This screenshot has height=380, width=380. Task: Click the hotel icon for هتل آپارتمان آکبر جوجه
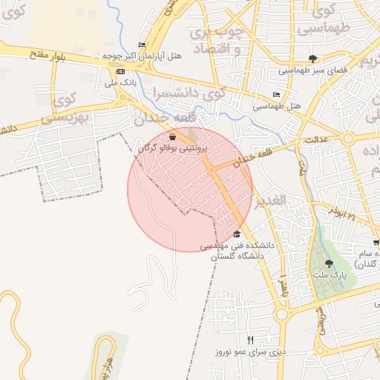pos(142,45)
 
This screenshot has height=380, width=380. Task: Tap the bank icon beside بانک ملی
pos(121,71)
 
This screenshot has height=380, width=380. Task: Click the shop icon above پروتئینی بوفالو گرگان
pos(173,137)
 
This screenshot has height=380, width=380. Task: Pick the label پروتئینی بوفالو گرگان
pos(173,148)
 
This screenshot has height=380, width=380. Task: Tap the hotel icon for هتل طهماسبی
pos(276,95)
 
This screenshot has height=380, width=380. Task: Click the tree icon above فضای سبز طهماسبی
pos(312,59)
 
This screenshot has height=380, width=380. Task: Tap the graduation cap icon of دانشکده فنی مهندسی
pos(237,234)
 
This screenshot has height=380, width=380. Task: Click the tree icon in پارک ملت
pos(330,263)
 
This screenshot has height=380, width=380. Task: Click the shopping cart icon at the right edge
pos(376,242)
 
